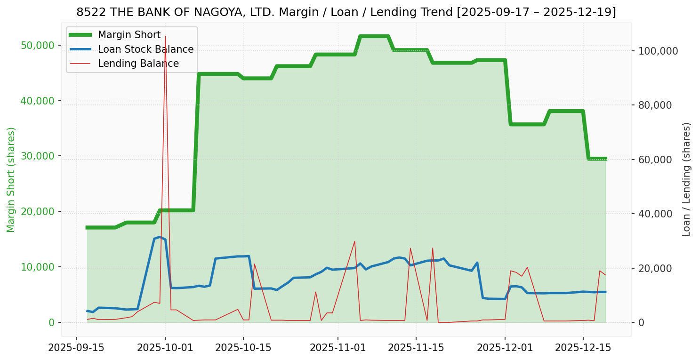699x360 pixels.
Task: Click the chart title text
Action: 346,12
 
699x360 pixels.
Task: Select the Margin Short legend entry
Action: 129,35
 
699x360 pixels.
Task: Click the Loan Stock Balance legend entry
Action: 145,49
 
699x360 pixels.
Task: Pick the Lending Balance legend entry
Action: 138,64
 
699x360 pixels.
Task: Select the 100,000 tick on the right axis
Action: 658,51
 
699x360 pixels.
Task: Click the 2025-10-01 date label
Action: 165,348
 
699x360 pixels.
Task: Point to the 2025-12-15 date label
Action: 583,348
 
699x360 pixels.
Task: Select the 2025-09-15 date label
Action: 76,348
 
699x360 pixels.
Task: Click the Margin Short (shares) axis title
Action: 11,179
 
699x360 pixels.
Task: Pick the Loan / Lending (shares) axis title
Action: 686,179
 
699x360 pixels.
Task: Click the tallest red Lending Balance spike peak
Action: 165,36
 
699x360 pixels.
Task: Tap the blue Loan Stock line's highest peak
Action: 160,237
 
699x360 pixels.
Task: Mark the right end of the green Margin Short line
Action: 605,159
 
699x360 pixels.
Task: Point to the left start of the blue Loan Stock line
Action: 87,311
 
